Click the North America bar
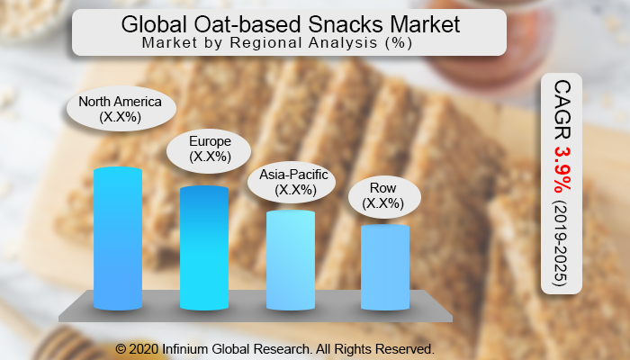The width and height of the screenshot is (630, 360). [x=118, y=238]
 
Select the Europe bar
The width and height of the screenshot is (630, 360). [x=203, y=247]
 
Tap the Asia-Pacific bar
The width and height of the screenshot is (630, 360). [x=291, y=261]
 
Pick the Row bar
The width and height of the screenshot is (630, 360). [x=384, y=267]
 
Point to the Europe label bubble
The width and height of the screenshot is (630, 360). [x=210, y=148]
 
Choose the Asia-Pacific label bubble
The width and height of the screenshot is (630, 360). [x=293, y=183]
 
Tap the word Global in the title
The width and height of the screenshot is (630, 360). [x=157, y=25]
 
